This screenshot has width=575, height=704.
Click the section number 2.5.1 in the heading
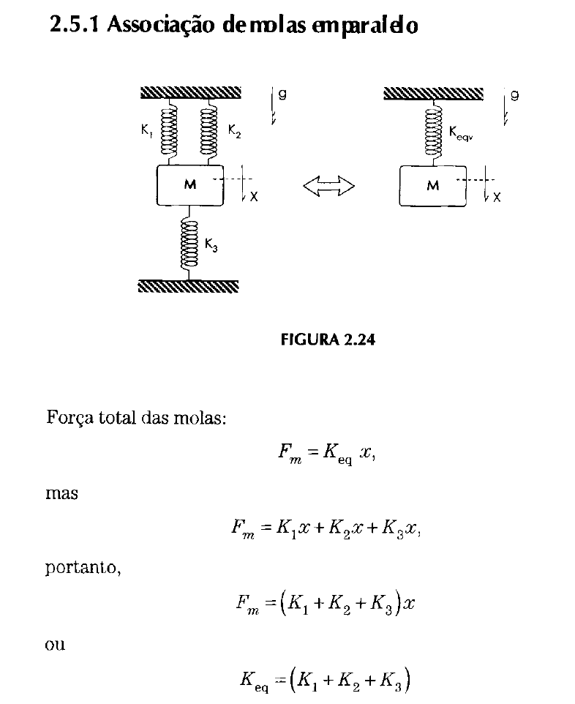coord(74,24)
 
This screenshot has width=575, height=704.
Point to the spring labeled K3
coord(189,243)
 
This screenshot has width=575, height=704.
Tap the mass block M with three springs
coord(190,185)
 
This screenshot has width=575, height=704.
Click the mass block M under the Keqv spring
coord(432,186)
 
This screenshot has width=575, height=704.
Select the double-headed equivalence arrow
coord(328,186)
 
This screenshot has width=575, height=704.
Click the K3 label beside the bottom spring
coord(211,245)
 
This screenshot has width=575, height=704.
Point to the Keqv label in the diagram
coord(461,133)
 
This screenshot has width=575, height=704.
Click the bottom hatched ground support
coord(189,286)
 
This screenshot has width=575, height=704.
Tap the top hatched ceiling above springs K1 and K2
coord(191,92)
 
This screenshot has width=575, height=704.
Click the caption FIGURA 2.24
coord(328,340)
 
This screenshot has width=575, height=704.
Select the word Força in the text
coord(69,419)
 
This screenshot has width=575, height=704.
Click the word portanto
coord(83,568)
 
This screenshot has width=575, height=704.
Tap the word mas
coord(61,493)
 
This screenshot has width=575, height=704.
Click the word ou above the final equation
coord(55,645)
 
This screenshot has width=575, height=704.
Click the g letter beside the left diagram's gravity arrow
coord(282,94)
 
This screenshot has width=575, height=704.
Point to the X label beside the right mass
coord(497,198)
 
